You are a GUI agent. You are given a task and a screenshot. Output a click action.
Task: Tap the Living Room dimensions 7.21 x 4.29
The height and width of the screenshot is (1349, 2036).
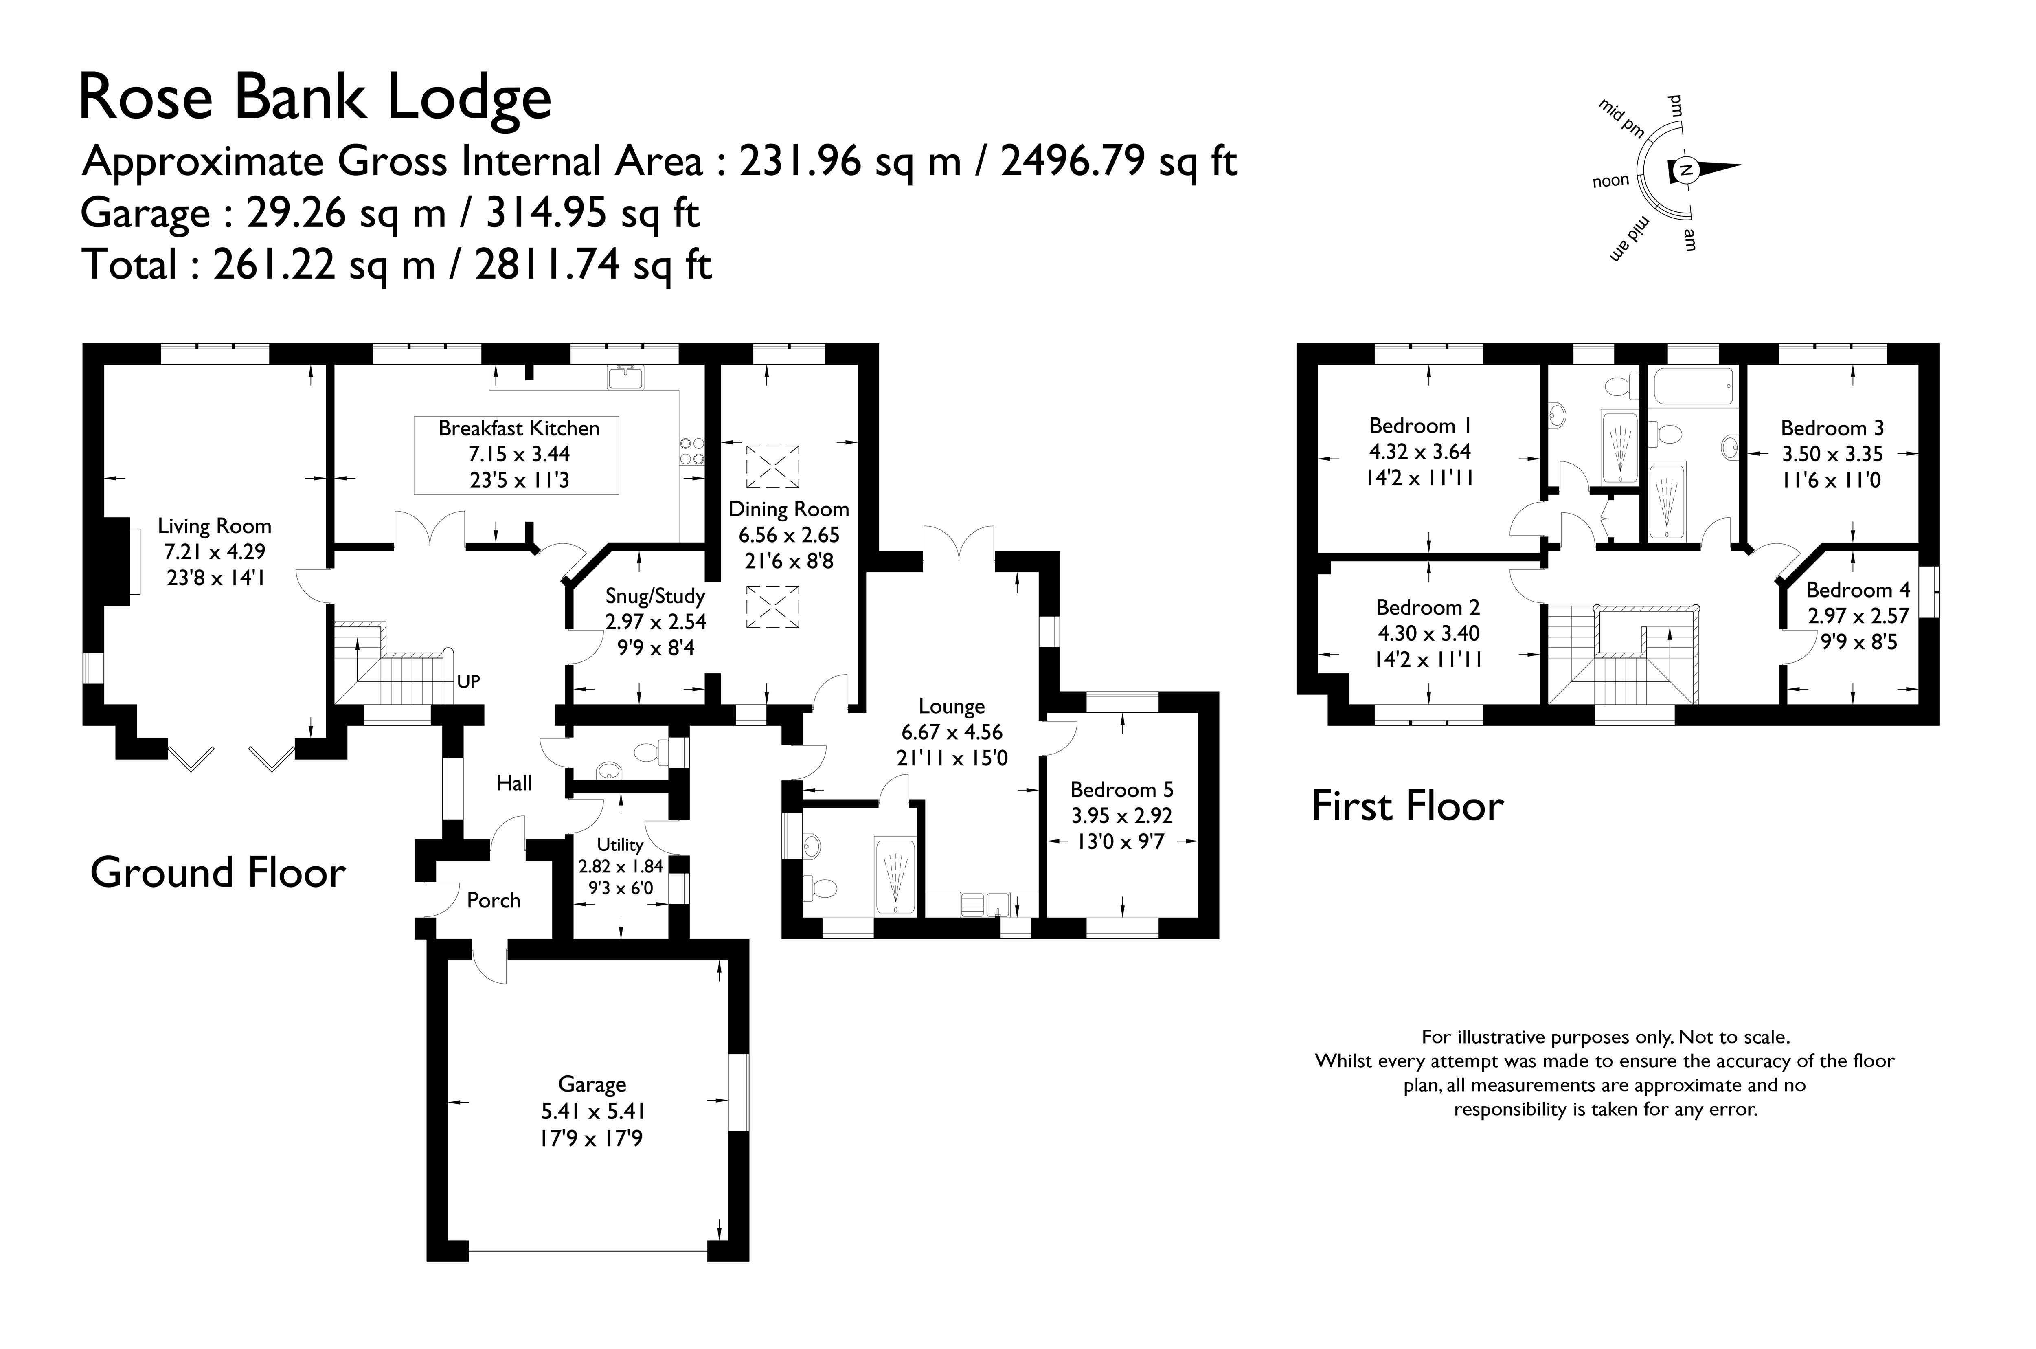click(214, 551)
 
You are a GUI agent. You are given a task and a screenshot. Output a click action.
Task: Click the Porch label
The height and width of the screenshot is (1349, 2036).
click(494, 901)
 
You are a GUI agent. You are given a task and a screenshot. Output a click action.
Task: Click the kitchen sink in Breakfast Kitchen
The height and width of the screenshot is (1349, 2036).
click(625, 377)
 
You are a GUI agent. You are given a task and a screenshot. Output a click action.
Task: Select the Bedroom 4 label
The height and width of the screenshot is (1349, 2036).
click(1858, 590)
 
